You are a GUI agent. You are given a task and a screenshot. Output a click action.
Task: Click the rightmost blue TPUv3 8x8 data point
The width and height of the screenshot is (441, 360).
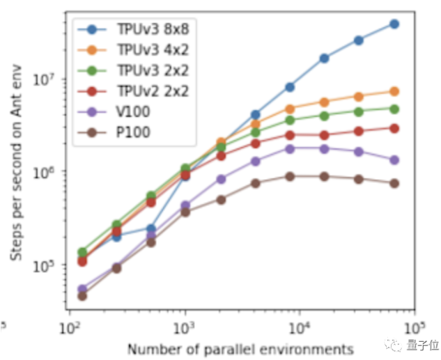(x=394, y=24)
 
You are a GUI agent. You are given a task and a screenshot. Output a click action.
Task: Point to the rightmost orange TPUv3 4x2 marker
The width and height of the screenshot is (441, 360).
(x=394, y=91)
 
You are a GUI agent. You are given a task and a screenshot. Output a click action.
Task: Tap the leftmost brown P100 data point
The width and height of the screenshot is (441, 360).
(x=82, y=296)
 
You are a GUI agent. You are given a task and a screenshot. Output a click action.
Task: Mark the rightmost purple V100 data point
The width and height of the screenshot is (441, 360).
(x=394, y=160)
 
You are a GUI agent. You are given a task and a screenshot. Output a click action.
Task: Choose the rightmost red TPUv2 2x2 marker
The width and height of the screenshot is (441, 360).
(x=394, y=128)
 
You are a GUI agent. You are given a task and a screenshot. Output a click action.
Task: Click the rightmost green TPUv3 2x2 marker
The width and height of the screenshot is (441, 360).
(x=394, y=109)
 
